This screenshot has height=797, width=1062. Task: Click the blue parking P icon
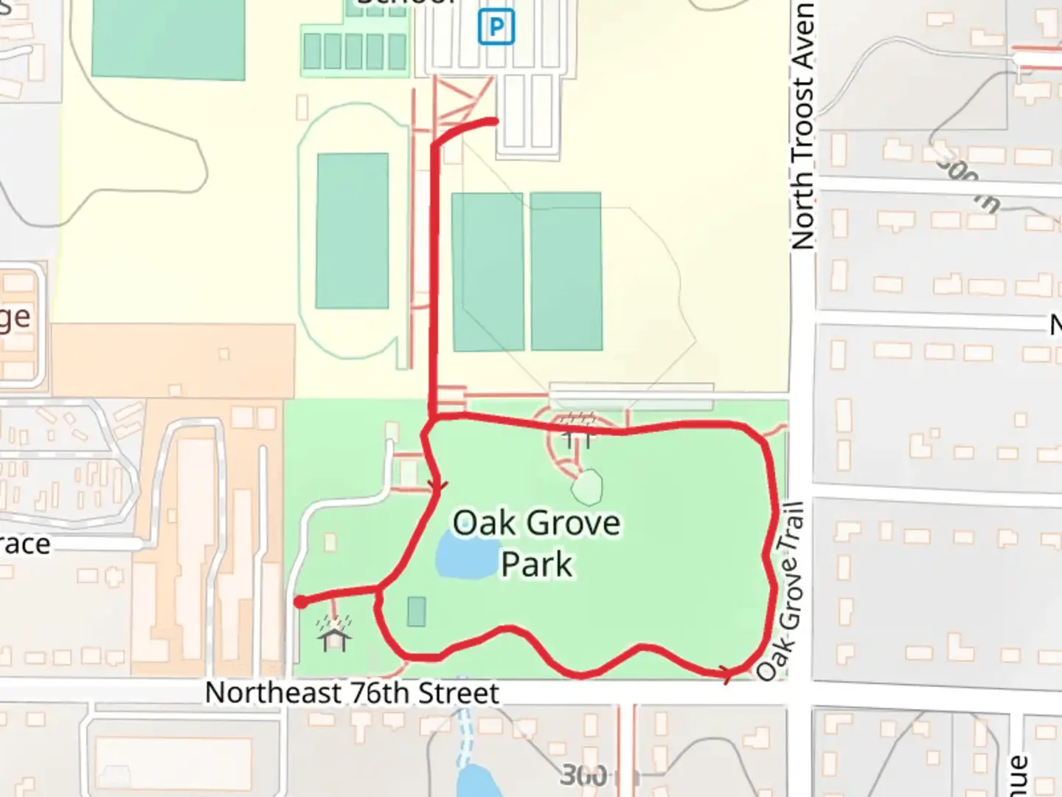[x=496, y=28]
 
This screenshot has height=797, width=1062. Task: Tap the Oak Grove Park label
[x=536, y=543]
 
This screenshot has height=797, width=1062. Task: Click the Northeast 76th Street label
[x=352, y=693]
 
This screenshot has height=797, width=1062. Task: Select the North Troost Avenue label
[x=803, y=125]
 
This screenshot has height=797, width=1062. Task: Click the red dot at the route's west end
[x=301, y=602]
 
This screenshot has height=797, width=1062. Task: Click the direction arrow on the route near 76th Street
[x=727, y=672]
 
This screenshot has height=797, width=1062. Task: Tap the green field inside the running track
[x=353, y=230]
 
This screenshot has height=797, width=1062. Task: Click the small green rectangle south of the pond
[x=417, y=612]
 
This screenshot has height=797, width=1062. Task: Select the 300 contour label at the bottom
[x=584, y=775]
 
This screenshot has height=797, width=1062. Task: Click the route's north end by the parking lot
[x=493, y=120]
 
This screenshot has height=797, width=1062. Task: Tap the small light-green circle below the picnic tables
[x=587, y=487]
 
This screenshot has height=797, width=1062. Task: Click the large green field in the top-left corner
[x=168, y=37]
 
